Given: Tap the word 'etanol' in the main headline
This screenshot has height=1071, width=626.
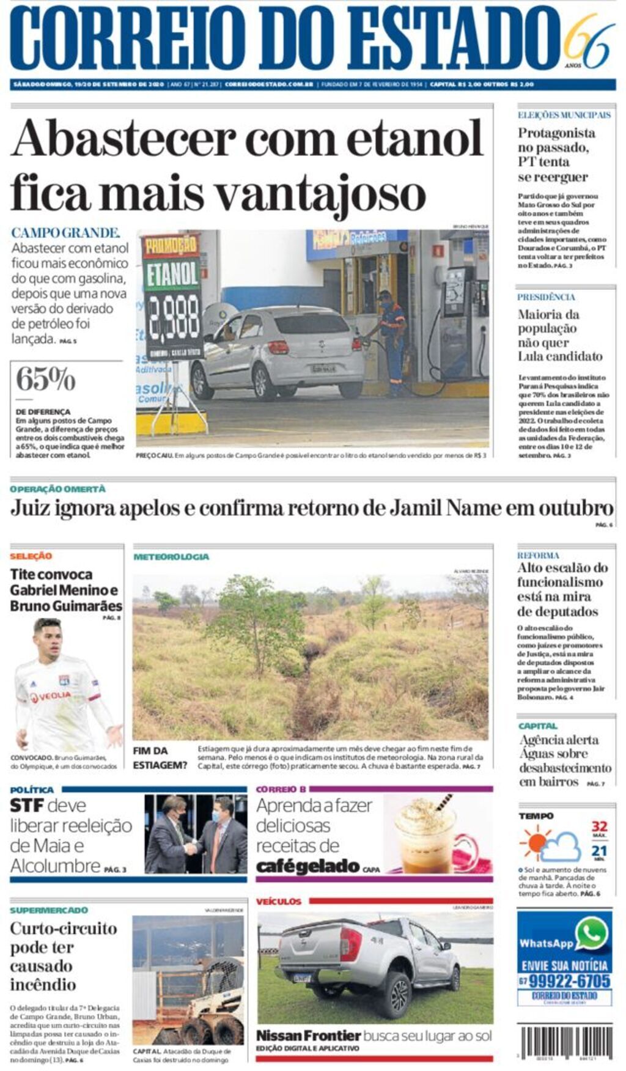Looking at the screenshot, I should (x=415, y=139).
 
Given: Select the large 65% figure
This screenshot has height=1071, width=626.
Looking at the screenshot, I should (x=45, y=379).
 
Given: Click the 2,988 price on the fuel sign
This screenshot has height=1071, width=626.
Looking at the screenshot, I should (x=173, y=318).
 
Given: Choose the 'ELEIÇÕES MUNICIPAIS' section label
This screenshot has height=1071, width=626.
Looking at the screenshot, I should (x=564, y=115).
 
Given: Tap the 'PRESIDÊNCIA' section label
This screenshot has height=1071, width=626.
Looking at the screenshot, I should (x=546, y=297).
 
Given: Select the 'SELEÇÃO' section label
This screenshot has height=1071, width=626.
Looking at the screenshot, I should (x=31, y=556).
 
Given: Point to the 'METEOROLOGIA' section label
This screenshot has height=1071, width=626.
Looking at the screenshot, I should (x=171, y=557).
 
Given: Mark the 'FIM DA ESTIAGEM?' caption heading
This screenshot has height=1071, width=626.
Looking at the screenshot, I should (x=160, y=758).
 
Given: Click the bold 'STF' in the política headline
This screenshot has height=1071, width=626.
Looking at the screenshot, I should (x=26, y=806).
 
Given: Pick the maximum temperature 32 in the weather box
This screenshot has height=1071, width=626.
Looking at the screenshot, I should (x=599, y=826).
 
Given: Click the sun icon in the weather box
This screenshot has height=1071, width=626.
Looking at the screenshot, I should (x=534, y=842).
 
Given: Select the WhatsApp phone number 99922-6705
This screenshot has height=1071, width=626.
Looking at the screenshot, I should (x=569, y=981).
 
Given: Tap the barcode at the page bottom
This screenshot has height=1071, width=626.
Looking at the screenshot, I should (x=565, y=1044).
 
